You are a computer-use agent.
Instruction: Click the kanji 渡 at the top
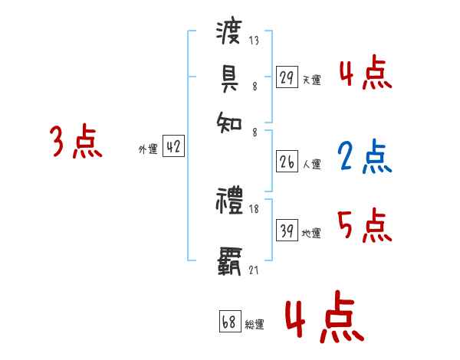[229, 32]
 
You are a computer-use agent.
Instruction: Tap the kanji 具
[229, 77]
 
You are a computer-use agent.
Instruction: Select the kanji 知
[229, 120]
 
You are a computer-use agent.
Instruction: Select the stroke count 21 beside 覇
[255, 270]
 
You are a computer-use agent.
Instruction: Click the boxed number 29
[287, 77]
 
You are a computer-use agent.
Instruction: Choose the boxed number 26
[287, 162]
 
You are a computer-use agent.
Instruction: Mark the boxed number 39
[287, 230]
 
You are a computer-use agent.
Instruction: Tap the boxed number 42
[173, 147]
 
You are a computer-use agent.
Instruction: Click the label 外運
[148, 149]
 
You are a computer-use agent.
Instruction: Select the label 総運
[255, 325]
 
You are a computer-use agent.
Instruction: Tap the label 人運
[311, 164]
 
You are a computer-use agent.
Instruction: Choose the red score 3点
[76, 142]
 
